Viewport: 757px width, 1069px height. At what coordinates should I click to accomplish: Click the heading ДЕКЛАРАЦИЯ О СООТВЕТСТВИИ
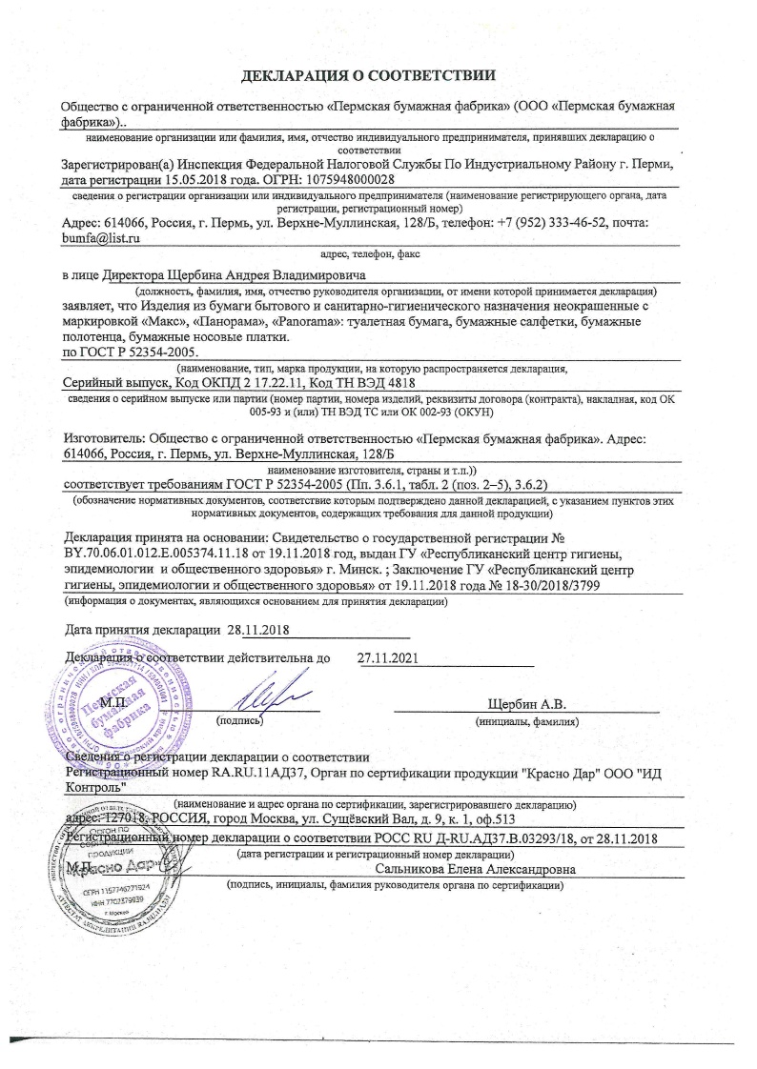tap(378, 74)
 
